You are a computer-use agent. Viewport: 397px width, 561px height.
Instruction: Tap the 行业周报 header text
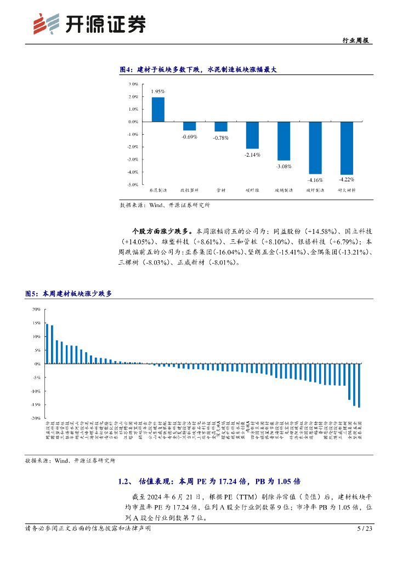pos(357,40)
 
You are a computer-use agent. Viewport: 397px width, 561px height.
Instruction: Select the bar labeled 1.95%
pos(158,109)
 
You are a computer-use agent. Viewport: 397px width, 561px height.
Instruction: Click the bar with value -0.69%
pos(189,126)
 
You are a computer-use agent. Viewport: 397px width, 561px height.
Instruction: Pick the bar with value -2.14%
pos(252,135)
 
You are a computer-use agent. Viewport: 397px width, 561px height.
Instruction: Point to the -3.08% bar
pos(283,141)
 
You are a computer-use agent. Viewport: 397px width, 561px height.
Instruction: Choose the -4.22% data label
pos(347,179)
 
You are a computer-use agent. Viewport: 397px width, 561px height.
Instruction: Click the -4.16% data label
pos(315,179)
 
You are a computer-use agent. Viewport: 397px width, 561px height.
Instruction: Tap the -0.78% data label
pos(221,138)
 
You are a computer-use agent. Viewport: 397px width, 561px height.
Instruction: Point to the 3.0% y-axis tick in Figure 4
pos(133,84)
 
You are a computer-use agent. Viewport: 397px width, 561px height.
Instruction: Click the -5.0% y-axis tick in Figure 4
pos(132,185)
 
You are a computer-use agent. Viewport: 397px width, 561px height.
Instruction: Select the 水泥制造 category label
pos(158,191)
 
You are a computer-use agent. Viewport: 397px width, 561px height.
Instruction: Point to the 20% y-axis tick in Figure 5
pos(36,309)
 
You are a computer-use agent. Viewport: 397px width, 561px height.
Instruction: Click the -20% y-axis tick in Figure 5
pos(35,418)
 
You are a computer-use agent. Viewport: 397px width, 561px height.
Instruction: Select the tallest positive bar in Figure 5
pos(47,344)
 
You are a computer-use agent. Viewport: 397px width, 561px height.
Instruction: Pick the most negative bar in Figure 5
pos(359,385)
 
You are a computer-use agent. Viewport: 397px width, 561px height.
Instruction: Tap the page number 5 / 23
pos(364,529)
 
